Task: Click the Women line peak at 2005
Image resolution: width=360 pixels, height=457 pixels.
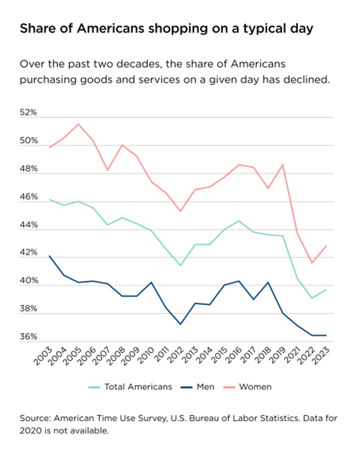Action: pos(78,124)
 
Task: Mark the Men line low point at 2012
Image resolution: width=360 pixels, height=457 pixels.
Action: pos(180,324)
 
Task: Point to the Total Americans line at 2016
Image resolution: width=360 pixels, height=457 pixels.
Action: pos(239,221)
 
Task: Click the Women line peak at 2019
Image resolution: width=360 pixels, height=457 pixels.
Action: pos(283,164)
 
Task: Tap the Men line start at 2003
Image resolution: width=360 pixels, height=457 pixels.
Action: pos(49,256)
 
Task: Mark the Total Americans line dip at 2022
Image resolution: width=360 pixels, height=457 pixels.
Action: pos(312,298)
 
